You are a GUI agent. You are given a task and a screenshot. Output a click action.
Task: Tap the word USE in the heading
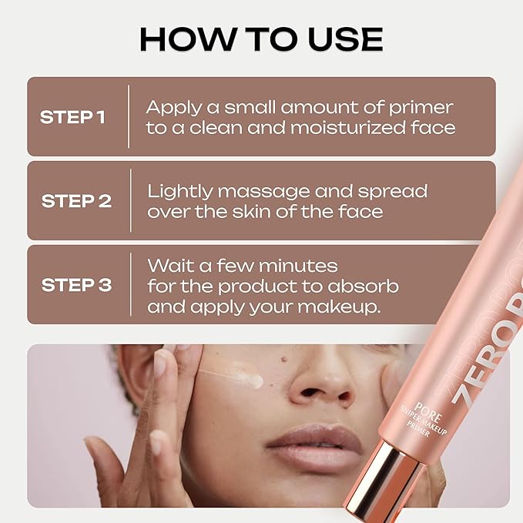pos(345,39)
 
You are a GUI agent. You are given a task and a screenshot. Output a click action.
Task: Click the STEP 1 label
pos(72,117)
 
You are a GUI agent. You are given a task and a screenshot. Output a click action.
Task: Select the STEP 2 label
pos(76,201)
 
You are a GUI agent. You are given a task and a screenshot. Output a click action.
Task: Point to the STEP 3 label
pos(76,285)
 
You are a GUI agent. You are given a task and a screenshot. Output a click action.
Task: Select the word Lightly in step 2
pos(180,193)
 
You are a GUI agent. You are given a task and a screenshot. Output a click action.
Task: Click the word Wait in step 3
pos(171,266)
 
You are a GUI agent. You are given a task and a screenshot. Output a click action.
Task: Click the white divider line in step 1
pos(129,116)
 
